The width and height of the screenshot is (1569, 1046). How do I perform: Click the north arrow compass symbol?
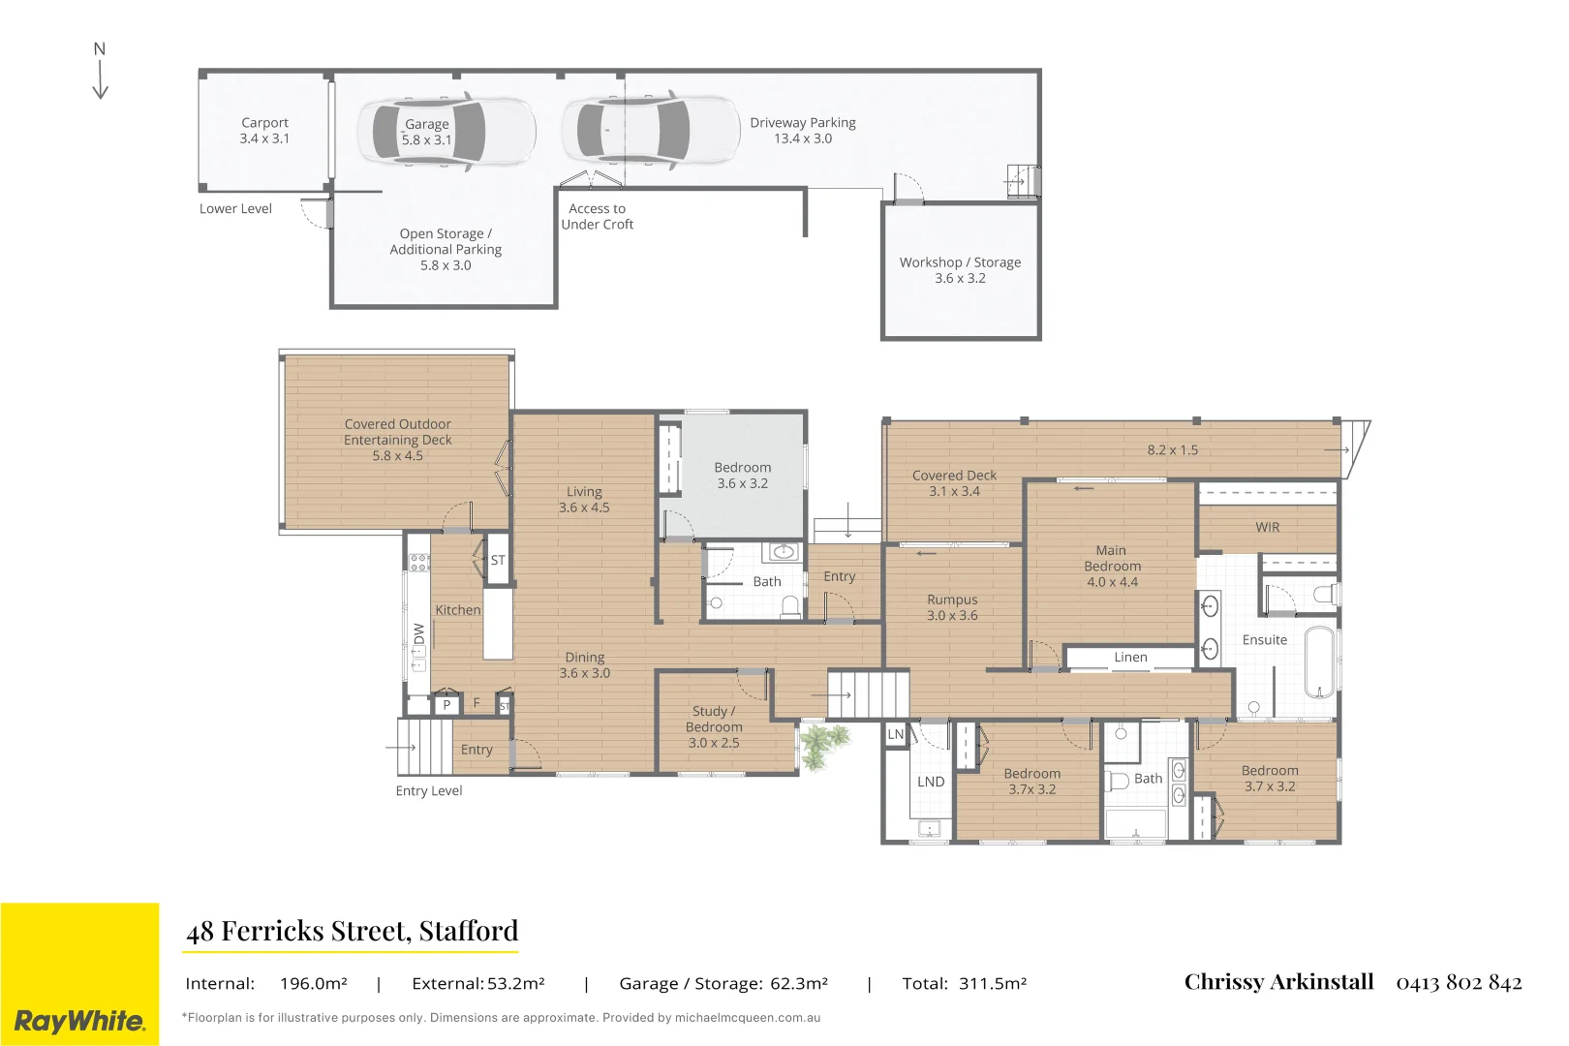pos(100,70)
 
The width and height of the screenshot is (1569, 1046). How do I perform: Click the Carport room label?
pos(264,131)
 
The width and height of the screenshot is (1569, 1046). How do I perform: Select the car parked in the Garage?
pos(446,132)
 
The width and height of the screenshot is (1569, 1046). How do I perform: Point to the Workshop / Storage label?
pos(960,269)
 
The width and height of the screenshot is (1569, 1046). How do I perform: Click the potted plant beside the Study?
pos(823,746)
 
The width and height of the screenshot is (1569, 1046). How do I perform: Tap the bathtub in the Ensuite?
pos(1320,662)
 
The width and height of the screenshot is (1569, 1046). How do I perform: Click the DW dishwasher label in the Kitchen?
pos(418,633)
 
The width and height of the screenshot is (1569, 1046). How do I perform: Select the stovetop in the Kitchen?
pos(418,562)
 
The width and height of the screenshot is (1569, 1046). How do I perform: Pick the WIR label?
pos(1267,527)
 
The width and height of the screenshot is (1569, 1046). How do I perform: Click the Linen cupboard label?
pos(1130,658)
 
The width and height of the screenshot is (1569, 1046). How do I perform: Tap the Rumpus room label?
pos(952,606)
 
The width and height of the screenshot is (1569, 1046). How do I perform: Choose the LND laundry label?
pos(931,782)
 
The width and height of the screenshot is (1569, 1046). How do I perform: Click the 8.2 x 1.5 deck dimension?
pos(1173,449)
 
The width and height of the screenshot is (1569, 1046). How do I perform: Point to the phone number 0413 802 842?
pos(1459,982)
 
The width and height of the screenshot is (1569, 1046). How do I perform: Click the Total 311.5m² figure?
pos(965,983)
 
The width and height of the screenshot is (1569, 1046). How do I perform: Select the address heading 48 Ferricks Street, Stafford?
pos(352,931)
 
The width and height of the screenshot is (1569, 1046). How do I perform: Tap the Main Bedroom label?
pos(1112,566)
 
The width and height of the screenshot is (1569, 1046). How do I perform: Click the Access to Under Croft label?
pos(597,217)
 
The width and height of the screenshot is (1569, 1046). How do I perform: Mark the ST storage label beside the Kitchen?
pos(497,560)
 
